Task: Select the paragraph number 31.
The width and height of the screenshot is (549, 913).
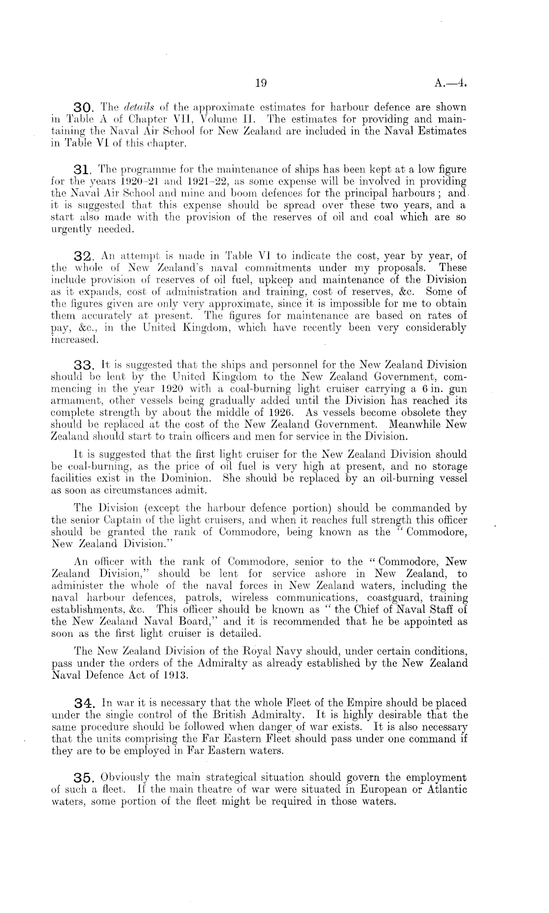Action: [x=83, y=170]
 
